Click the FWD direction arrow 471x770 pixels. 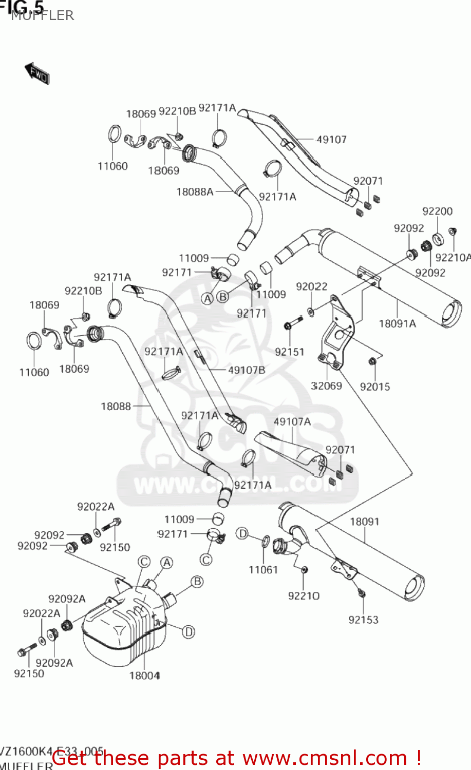(37, 74)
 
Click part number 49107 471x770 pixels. (331, 140)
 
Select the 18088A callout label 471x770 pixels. (195, 192)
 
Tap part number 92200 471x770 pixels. (437, 211)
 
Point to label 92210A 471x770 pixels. (453, 258)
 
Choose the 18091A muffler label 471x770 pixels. (397, 324)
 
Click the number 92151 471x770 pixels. (289, 352)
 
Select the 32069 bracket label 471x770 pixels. (327, 386)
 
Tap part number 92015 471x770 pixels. (375, 387)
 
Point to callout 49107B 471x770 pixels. (247, 370)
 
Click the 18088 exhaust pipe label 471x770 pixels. (116, 407)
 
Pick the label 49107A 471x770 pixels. (292, 422)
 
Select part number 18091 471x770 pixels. (364, 522)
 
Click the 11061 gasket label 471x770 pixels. (263, 570)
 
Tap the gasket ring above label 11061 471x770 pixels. (266, 541)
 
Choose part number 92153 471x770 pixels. (363, 620)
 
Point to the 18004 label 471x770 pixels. (144, 676)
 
